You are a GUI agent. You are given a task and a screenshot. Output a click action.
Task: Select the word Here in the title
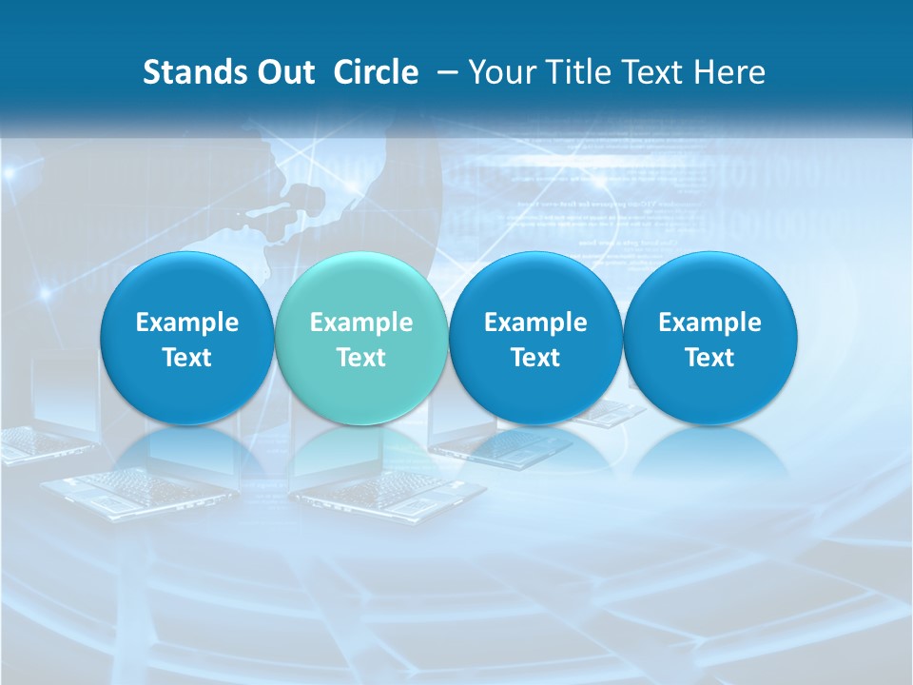coord(731,72)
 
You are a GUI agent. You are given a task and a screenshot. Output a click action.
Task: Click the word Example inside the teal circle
coord(361,323)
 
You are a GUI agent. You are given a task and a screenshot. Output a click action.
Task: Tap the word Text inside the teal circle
coord(361,358)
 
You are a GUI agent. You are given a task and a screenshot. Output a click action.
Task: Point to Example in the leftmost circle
coord(187,323)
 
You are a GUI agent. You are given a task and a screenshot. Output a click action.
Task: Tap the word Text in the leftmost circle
coord(187,358)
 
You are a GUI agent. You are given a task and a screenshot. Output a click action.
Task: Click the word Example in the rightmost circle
coord(710,323)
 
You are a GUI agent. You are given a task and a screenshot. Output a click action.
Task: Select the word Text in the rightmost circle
coord(710,358)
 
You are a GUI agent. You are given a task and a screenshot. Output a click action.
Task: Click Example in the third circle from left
coord(535,323)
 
